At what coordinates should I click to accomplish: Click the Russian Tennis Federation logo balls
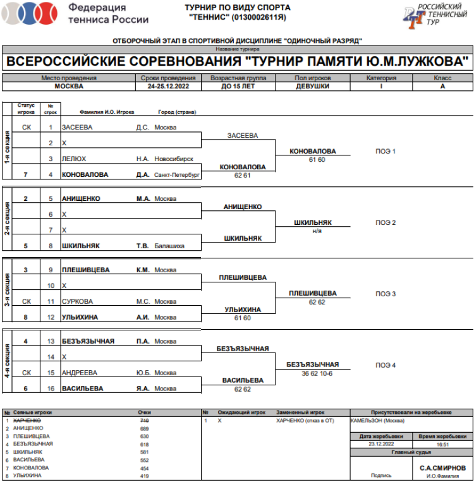(30, 13)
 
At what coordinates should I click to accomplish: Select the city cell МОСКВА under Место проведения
(69, 87)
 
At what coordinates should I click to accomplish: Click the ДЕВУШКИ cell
(313, 87)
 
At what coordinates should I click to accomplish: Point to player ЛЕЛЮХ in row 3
(74, 159)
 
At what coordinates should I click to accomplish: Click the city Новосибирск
(174, 159)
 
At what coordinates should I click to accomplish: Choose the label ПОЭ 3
(386, 294)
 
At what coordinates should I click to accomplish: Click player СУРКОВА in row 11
(77, 301)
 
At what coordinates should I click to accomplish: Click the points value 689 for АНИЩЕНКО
(144, 428)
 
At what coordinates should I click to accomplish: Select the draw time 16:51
(442, 444)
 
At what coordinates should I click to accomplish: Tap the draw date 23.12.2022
(381, 444)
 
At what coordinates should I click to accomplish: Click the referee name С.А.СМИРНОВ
(442, 467)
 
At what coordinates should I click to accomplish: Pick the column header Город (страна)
(177, 112)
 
